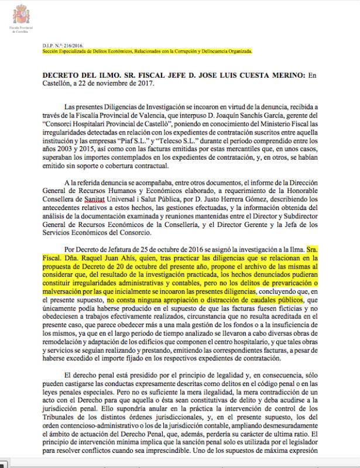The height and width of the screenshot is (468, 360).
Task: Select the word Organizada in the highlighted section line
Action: [235, 51]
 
